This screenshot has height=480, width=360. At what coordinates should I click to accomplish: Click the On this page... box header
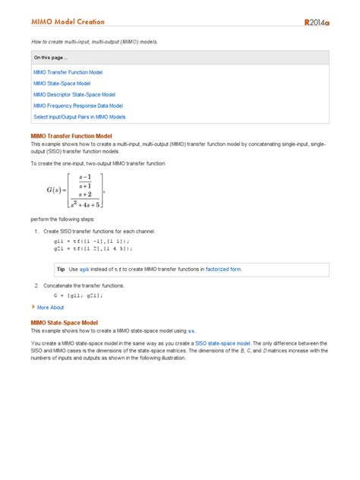coord(50,57)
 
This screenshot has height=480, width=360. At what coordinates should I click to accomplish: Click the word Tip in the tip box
coord(62,269)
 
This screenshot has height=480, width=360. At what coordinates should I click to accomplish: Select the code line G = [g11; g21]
coord(77,295)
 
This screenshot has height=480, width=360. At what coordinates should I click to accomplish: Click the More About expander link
coord(49,308)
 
